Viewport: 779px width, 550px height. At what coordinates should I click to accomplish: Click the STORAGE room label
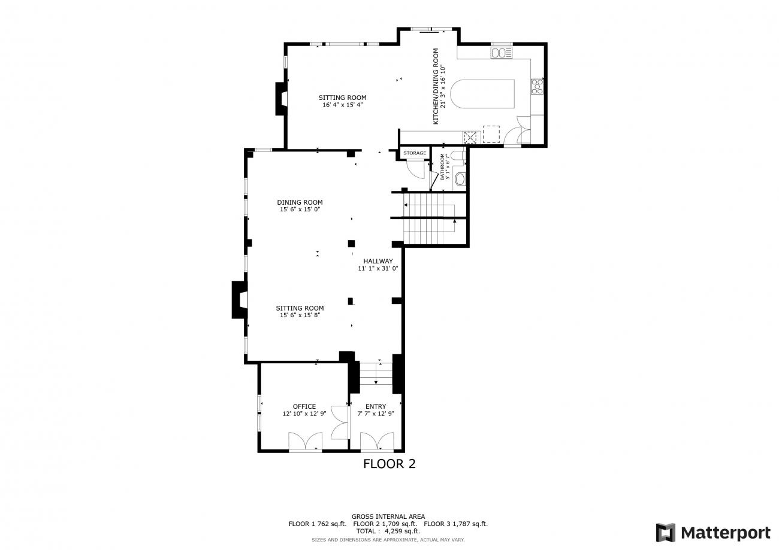point(415,153)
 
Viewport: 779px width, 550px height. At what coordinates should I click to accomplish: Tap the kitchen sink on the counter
point(501,53)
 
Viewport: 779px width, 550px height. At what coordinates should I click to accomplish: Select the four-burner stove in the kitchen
point(537,86)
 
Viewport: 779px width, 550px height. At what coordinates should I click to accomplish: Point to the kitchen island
point(482,94)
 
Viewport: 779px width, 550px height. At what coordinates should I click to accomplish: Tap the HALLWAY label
point(378,261)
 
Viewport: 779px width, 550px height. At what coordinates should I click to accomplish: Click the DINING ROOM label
point(300,202)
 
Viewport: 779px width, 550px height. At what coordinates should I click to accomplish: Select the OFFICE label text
point(304,406)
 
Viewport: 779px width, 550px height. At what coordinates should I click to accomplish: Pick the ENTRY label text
point(376,406)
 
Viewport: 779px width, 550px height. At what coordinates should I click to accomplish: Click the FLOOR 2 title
point(389,464)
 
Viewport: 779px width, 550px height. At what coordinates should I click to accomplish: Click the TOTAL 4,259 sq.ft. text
point(388,531)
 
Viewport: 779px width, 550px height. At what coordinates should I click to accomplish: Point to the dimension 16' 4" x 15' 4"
point(343,105)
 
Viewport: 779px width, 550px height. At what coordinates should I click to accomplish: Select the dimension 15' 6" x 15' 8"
point(300,315)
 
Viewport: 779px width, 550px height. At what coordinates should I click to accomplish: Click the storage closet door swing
point(416,170)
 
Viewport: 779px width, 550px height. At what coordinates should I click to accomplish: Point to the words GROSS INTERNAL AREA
point(388,516)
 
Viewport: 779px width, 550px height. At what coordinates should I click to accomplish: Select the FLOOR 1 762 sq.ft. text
point(318,524)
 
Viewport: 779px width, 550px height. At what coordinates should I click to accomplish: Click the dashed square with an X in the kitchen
point(470,138)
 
